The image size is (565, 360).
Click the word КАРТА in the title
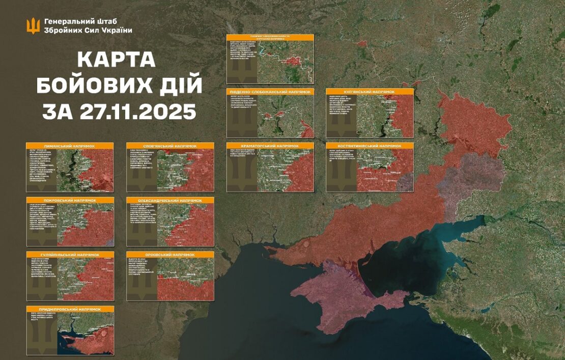117,60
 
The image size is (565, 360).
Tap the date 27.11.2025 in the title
137,110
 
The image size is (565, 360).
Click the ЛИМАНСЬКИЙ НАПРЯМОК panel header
70,146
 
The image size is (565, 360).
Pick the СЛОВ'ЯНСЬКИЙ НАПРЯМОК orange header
171,146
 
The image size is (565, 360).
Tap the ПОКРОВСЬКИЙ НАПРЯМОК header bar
70,200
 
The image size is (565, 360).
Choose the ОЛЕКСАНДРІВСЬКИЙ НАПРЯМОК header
171,200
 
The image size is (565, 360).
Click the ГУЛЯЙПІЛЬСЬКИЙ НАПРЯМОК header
70,254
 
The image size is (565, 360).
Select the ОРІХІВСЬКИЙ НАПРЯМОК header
171,254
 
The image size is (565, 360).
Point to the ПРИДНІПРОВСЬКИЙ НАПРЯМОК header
70,309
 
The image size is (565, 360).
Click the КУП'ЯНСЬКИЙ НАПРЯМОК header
370,92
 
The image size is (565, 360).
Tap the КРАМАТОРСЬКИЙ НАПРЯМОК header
270,146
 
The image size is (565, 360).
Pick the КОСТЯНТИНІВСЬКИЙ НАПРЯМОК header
370,146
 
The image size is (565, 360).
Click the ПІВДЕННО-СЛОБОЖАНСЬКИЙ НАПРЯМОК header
270,92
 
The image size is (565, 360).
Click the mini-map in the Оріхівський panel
186,279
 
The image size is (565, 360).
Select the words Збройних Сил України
88,31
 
